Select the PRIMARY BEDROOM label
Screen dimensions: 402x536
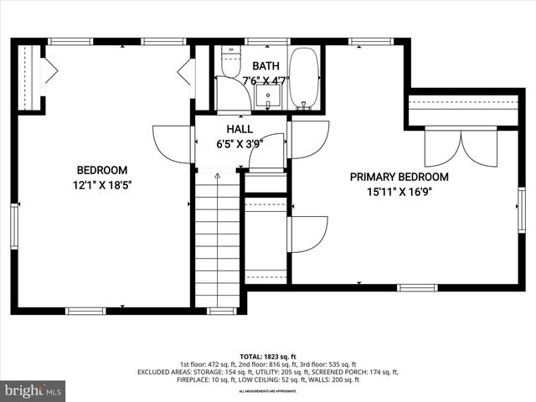(x=399, y=177)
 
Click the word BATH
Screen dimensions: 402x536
(x=266, y=65)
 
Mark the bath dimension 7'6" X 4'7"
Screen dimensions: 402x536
(x=266, y=81)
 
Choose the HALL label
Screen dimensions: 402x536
(x=239, y=129)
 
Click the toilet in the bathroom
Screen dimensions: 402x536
(x=230, y=64)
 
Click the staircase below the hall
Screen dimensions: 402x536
(x=218, y=243)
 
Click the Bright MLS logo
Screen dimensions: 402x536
(x=33, y=391)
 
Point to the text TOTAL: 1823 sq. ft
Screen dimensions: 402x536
(x=267, y=356)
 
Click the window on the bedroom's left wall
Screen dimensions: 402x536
(x=14, y=227)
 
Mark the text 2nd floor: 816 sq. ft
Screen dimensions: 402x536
(x=267, y=364)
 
